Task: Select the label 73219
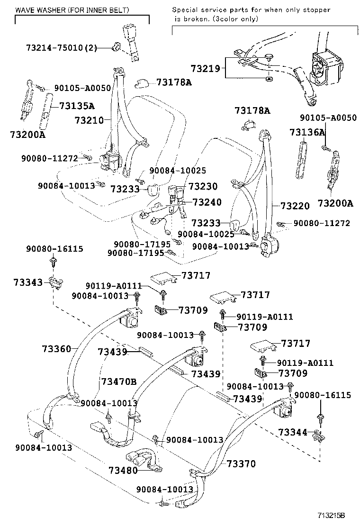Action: point(206,69)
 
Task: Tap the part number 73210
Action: point(89,120)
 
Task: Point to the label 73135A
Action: point(77,106)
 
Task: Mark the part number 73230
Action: point(203,187)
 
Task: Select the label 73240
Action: point(207,202)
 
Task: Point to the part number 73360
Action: point(56,349)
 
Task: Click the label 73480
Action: point(123,471)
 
